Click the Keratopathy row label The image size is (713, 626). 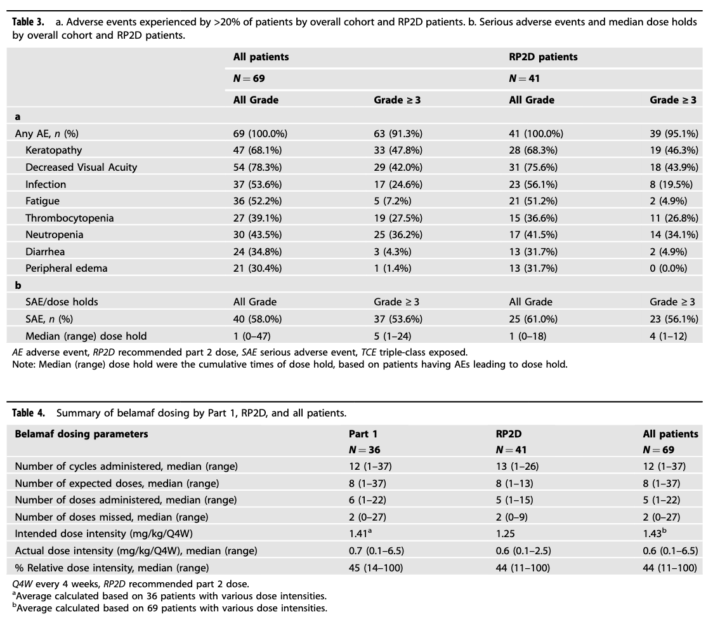[53, 150]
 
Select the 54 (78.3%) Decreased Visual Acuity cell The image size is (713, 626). [258, 168]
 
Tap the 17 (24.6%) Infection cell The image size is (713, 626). [398, 184]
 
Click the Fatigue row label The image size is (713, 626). [43, 201]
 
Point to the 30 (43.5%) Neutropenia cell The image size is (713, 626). [258, 235]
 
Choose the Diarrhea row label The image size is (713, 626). [45, 251]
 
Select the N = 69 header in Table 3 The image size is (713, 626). [249, 79]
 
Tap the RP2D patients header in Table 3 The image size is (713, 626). [543, 57]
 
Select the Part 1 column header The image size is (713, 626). [363, 434]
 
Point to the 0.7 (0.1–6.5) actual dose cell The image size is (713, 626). [375, 550]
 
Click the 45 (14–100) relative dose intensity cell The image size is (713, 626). [376, 568]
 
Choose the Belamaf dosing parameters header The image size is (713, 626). [81, 434]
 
